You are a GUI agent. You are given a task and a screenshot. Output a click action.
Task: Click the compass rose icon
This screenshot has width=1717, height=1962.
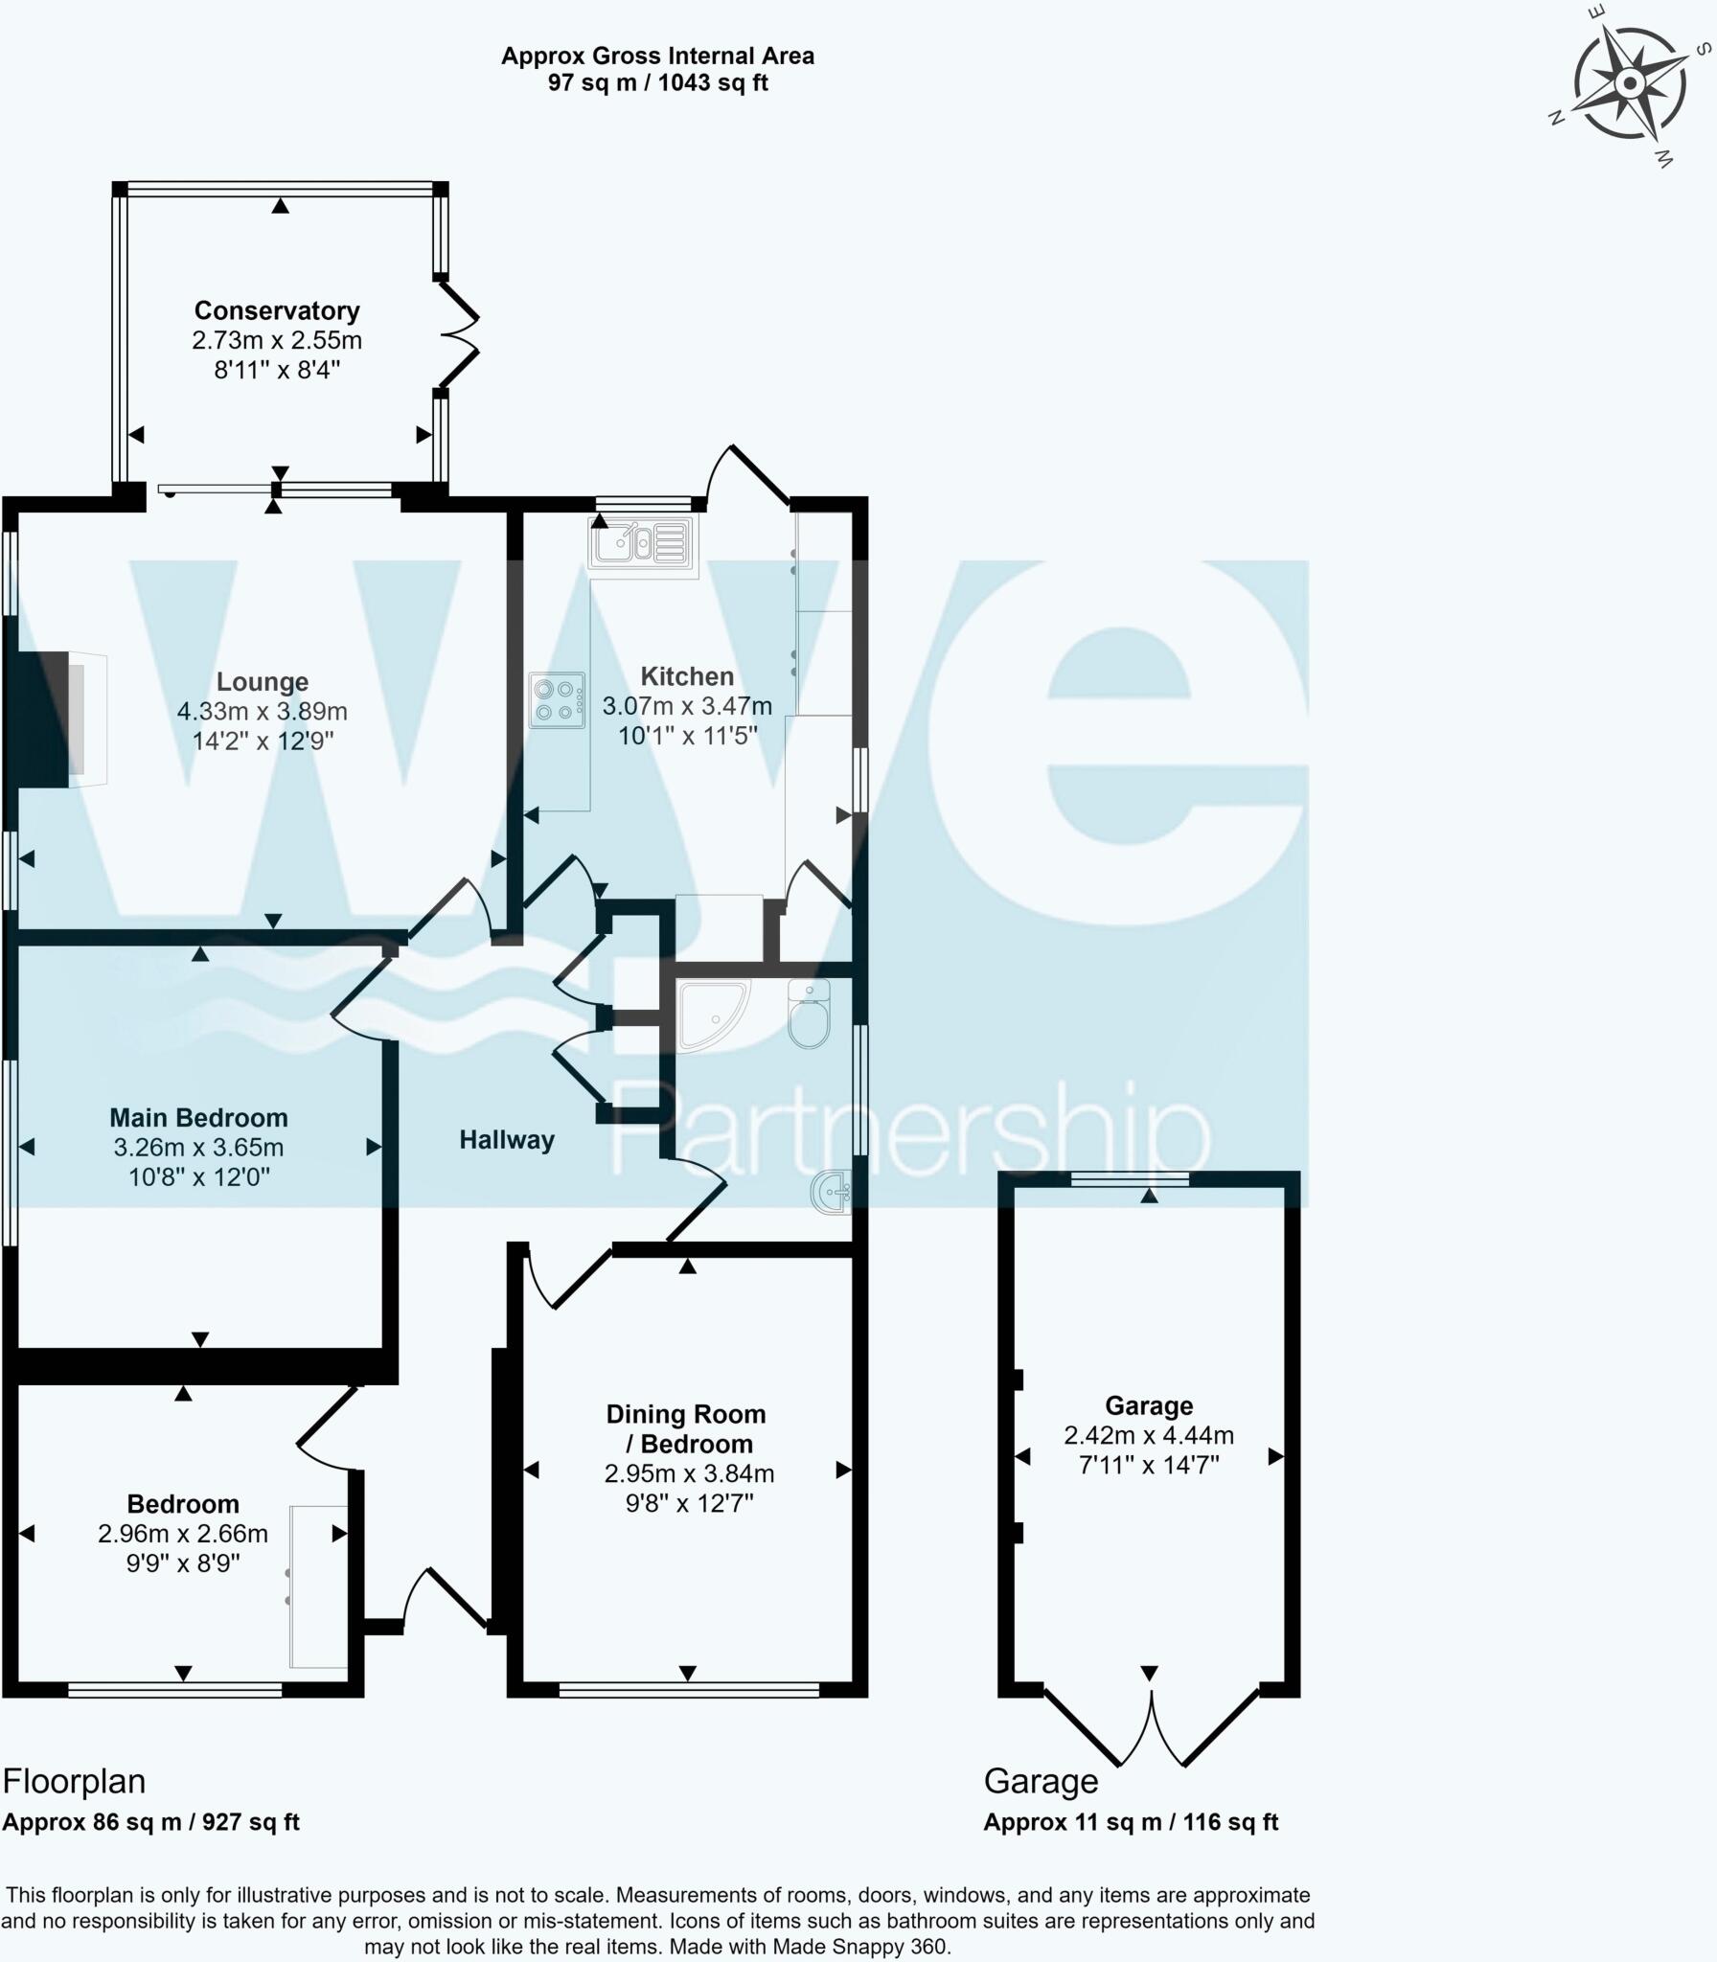(1629, 84)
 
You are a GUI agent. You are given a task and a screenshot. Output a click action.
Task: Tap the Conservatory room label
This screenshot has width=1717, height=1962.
(277, 310)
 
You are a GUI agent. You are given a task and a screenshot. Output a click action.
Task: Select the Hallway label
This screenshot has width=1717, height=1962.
(507, 1140)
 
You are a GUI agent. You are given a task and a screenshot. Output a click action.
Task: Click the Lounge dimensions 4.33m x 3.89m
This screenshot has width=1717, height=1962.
(262, 711)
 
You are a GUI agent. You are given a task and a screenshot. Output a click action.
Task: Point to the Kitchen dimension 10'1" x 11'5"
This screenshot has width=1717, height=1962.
(687, 736)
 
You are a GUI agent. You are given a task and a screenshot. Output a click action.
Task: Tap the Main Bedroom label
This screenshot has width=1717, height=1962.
(198, 1117)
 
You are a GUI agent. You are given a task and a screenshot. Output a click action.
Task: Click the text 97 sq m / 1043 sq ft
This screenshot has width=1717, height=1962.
(657, 82)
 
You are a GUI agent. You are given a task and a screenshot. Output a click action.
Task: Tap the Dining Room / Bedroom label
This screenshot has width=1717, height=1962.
(687, 1428)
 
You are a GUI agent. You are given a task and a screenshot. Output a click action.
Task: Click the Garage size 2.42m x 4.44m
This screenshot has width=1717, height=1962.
(1149, 1435)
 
